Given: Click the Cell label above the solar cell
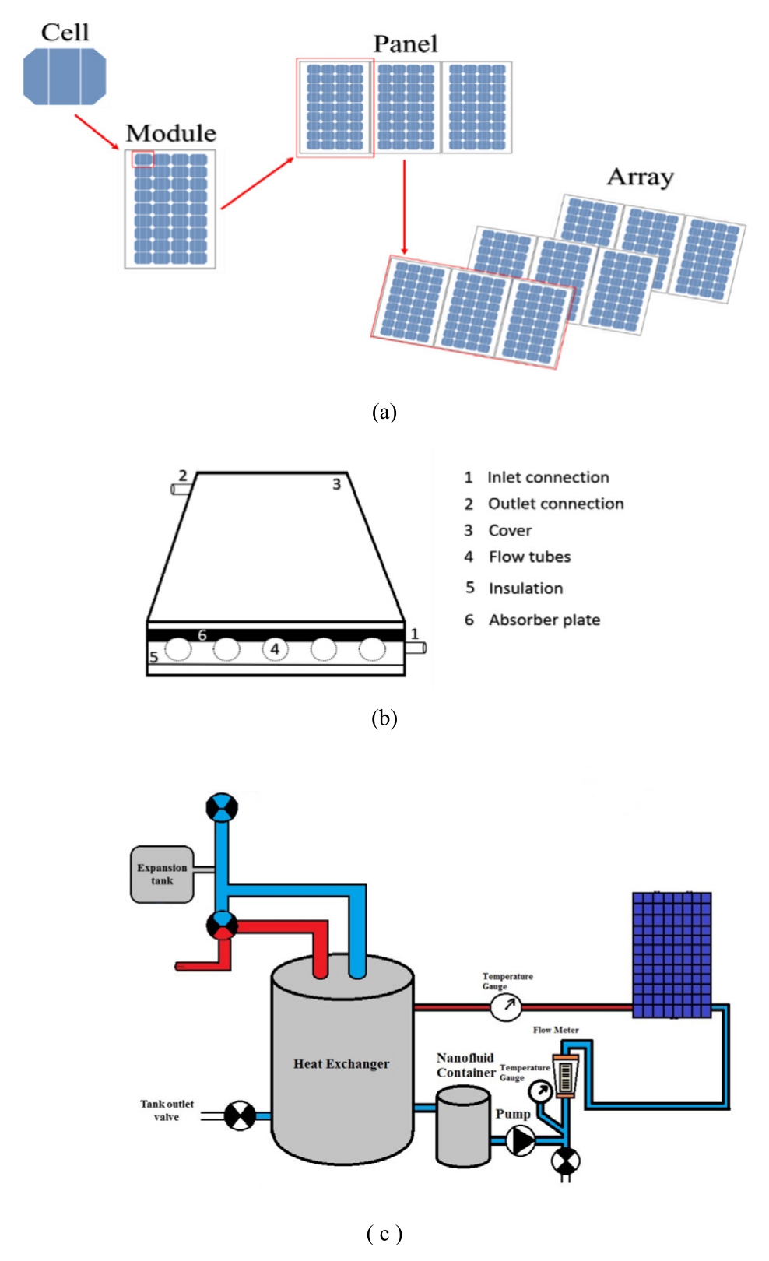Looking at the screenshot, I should point(65,33).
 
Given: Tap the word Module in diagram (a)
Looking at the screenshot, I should point(170,133).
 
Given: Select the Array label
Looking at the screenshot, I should point(640,177).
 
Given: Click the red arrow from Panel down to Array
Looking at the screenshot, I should point(404,207).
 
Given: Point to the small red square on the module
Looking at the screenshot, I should point(142,160).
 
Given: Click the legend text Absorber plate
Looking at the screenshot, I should point(544,620).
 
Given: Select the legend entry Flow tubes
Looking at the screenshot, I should point(529,557).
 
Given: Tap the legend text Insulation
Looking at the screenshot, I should point(525,588).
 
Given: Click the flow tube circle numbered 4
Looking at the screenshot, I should point(275,648).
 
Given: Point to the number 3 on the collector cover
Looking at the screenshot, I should point(336,484).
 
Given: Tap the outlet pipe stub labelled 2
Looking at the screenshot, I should point(181,489).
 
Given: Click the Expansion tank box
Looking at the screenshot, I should point(162,874).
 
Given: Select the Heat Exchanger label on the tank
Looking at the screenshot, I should point(341,1064).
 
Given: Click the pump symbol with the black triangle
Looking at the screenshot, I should point(521,1140).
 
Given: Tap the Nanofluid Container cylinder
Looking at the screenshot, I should point(463,1126).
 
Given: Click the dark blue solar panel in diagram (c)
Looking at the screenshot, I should point(672,955).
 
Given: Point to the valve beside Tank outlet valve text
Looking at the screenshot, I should point(240,1115).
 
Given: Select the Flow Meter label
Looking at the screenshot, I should point(556,1030).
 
